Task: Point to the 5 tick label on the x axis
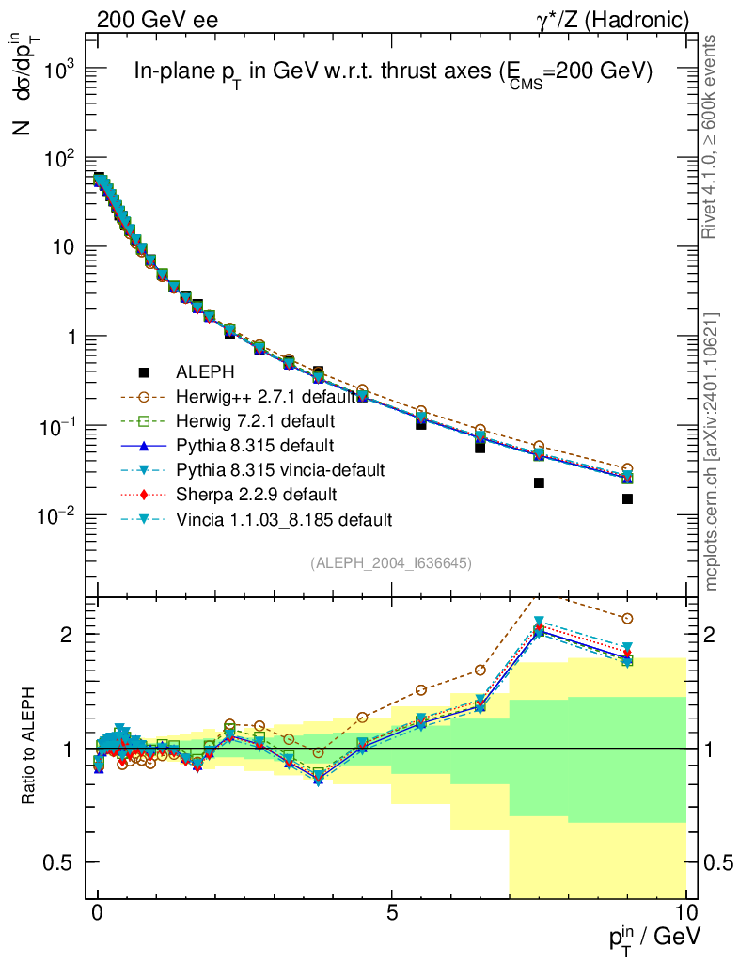[x=392, y=915]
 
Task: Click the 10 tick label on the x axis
[x=685, y=915]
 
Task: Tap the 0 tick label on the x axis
[x=98, y=915]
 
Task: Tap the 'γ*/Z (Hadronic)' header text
[x=613, y=19]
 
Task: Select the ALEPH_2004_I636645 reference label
[x=391, y=562]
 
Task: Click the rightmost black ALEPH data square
[x=627, y=498]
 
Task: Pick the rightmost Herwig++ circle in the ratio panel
[x=627, y=618]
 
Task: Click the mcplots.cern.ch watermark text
[x=713, y=452]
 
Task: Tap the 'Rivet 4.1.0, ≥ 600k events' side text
[x=713, y=136]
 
